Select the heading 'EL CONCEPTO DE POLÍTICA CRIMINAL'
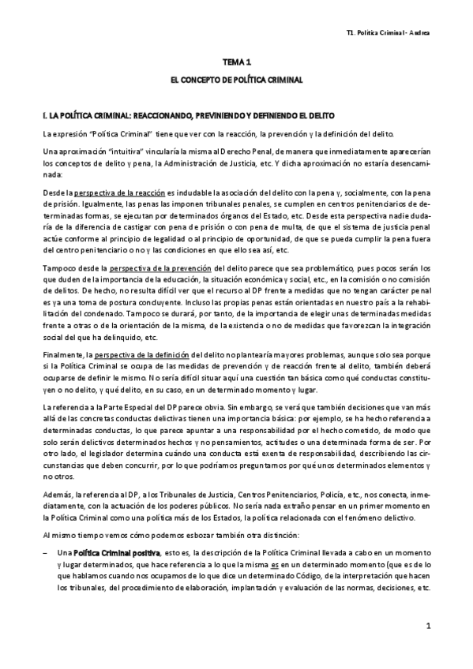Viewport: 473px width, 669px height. [x=237, y=80]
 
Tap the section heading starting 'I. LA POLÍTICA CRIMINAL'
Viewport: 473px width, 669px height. [x=190, y=114]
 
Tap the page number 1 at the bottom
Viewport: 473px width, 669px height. [x=426, y=626]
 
